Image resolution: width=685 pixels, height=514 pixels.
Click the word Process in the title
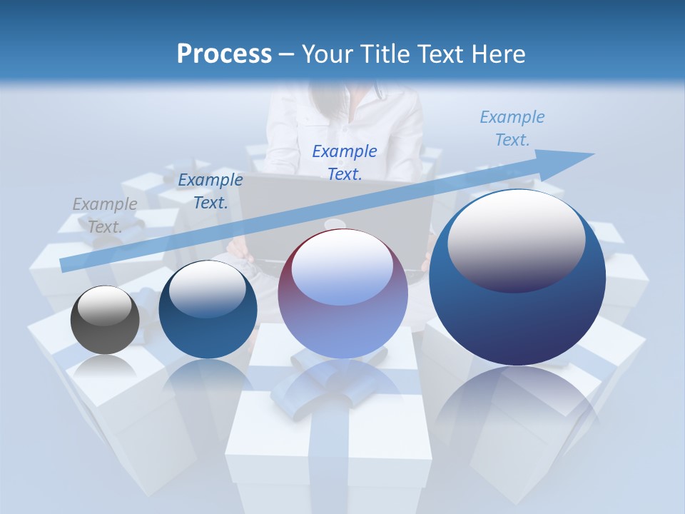click(224, 54)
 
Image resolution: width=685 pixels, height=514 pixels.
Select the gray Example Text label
click(105, 216)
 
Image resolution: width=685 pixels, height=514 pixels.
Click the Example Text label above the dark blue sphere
click(210, 191)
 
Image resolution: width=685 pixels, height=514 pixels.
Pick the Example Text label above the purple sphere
click(345, 162)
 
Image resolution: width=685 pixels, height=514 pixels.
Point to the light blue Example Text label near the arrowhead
click(512, 128)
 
